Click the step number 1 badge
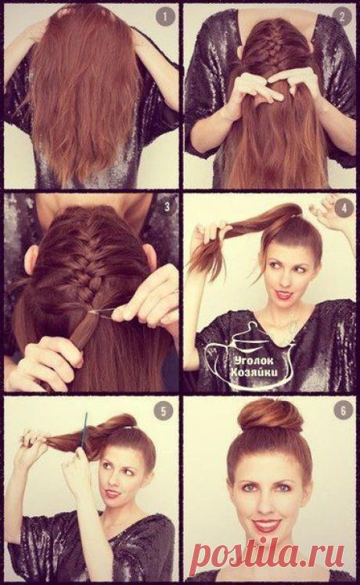(x=164, y=17)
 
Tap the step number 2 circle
(x=343, y=16)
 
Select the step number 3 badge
(x=167, y=206)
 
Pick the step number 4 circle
(x=344, y=208)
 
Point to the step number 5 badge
(x=163, y=411)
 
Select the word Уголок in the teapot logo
(x=254, y=361)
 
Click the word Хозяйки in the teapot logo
(x=254, y=372)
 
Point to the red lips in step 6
(x=266, y=525)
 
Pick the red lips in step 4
(x=285, y=294)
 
